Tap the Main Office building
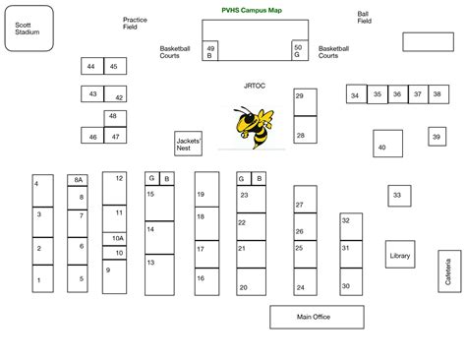tap(312, 317)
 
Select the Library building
tap(399, 255)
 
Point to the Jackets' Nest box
tap(188, 144)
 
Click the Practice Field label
tap(136, 24)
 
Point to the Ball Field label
tap(364, 18)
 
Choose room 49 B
tap(209, 51)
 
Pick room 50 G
tap(298, 51)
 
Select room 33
tap(398, 196)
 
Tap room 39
tap(437, 138)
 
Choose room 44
tap(91, 66)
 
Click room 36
tap(396, 94)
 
